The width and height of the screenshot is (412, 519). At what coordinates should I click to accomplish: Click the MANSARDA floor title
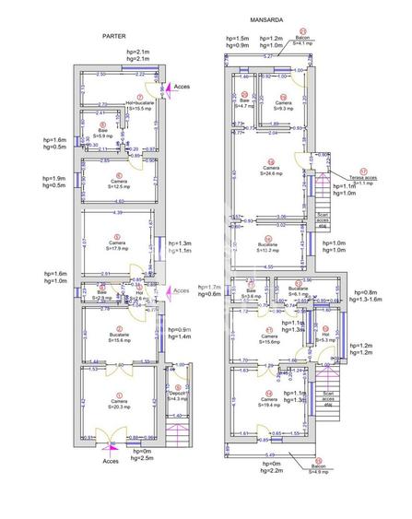(266, 18)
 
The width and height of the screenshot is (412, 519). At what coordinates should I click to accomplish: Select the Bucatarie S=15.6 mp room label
(117, 338)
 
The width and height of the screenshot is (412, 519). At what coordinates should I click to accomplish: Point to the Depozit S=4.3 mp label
(178, 395)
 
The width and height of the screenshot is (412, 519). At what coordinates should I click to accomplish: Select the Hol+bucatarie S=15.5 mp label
(140, 106)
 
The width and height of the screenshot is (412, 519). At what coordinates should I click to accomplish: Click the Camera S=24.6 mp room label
(270, 170)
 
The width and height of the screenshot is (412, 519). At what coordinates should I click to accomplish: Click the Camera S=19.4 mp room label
(269, 402)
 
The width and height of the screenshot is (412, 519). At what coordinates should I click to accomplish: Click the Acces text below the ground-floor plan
(111, 461)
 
